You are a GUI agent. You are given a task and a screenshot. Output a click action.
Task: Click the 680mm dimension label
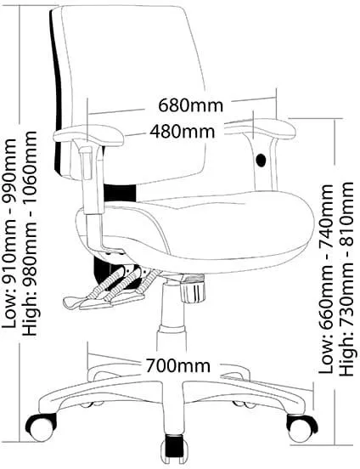coord(190,105)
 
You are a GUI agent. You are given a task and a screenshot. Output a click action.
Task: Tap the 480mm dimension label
coord(182,131)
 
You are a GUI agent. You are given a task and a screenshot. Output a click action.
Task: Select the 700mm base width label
coord(178,365)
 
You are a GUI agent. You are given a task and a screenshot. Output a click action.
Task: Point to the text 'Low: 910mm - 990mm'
coord(9,234)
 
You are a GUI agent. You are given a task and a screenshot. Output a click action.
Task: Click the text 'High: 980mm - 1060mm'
coord(30,233)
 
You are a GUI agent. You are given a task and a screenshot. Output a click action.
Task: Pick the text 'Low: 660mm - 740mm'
coord(326,279)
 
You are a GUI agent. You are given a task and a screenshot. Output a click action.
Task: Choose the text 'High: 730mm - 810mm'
coord(347,278)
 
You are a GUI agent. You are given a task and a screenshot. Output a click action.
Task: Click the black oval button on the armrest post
coord(261,161)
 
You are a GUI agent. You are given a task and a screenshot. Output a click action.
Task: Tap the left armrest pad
coord(88,136)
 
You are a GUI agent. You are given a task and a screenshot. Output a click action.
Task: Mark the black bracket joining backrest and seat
coord(120,193)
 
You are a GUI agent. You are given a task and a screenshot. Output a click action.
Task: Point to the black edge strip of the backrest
coord(56,90)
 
